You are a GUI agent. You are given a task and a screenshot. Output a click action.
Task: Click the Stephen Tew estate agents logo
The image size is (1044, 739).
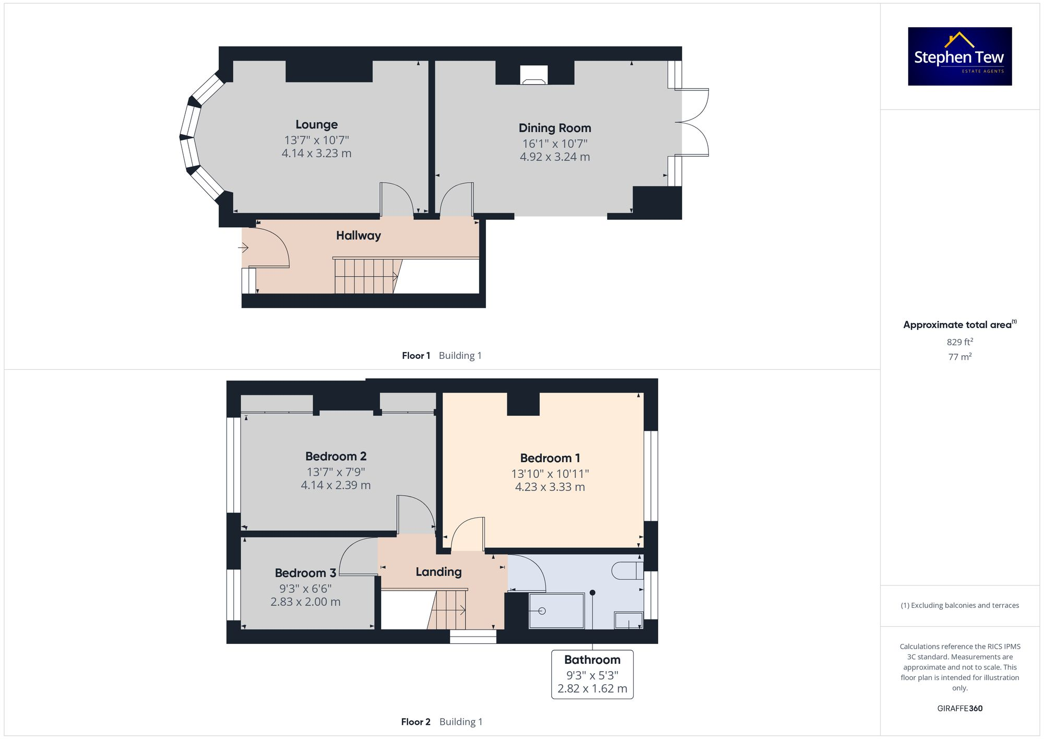pos(959,56)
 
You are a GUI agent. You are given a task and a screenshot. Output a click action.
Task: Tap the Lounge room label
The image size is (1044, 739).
pos(316,125)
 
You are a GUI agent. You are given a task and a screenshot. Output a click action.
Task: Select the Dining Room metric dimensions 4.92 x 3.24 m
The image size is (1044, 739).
pos(554,157)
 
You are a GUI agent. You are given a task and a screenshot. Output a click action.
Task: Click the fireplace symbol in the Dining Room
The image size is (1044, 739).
pos(533,75)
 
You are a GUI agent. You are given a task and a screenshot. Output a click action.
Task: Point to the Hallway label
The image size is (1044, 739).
pos(358,236)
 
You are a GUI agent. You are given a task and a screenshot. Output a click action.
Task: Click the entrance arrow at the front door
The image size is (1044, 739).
pos(243,248)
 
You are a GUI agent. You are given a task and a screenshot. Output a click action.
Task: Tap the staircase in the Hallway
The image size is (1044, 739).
pos(365,276)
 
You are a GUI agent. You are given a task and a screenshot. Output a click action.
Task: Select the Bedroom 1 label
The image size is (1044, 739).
pos(550,458)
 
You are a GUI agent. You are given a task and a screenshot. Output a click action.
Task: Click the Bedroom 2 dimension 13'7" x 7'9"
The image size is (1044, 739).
pos(336,472)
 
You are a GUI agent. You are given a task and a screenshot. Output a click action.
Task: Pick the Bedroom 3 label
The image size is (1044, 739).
pos(305,573)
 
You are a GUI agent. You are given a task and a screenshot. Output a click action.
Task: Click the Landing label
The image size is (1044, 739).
pos(438,572)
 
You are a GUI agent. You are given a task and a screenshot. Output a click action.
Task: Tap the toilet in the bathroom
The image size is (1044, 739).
pos(626,570)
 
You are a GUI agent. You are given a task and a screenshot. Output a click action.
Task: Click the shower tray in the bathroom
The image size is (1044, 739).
pos(556,611)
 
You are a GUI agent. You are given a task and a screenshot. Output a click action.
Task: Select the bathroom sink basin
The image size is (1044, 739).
pos(628,620)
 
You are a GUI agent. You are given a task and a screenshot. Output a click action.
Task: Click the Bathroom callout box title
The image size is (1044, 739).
pos(592,660)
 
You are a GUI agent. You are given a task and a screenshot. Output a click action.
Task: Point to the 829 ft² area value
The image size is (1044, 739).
pos(959,342)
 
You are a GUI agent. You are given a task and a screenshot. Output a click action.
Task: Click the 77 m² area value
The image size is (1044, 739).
pos(959,357)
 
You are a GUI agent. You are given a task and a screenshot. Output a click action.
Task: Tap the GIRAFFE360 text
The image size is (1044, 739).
pos(959,709)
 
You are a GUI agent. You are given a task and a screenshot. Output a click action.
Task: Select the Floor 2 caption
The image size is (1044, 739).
pos(416,722)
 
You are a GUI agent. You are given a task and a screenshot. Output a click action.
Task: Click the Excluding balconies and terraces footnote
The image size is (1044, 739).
pos(959,605)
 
